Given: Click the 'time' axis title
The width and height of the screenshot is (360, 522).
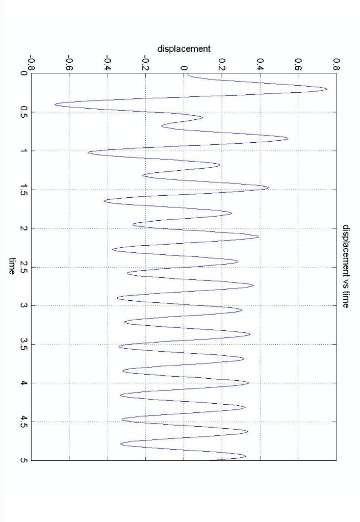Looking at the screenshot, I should pyautogui.click(x=12, y=266).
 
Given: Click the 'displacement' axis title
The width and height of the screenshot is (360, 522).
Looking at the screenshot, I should pyautogui.click(x=184, y=49).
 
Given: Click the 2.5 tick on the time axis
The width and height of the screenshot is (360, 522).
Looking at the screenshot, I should pyautogui.click(x=23, y=267).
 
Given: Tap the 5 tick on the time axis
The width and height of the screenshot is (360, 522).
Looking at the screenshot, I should pyautogui.click(x=23, y=460).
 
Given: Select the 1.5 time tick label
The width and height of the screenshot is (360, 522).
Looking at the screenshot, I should pyautogui.click(x=23, y=190).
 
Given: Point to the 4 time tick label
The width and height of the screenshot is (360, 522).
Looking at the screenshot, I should pyautogui.click(x=23, y=383).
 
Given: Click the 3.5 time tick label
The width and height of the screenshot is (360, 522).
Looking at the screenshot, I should pyautogui.click(x=23, y=345).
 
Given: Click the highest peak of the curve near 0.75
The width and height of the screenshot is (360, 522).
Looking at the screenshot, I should pyautogui.click(x=326, y=89).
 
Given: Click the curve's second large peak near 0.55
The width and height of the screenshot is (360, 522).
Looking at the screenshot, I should pyautogui.click(x=288, y=138).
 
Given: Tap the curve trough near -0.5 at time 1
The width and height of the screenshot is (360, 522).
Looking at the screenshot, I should pyautogui.click(x=88, y=152).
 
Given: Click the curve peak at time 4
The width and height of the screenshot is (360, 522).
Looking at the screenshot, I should pyautogui.click(x=248, y=382).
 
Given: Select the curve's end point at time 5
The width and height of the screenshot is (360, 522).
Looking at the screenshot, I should pyautogui.click(x=210, y=460).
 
